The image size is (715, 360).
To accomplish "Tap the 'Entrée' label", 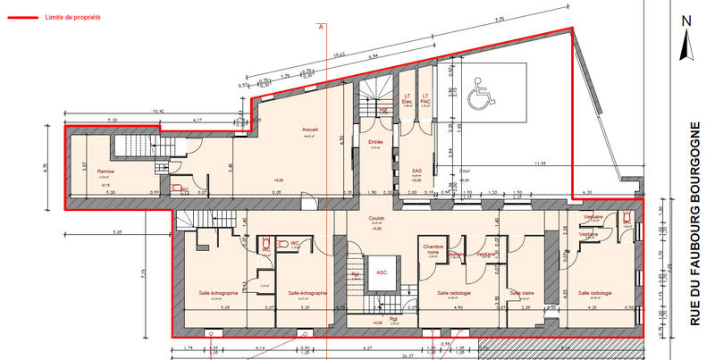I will pyautogui.click(x=376, y=142).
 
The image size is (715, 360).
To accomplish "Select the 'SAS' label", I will pyautogui.click(x=416, y=171).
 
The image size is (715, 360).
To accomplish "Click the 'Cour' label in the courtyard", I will pyautogui.click(x=464, y=171).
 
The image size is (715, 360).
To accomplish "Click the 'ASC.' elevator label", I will pyautogui.click(x=381, y=272).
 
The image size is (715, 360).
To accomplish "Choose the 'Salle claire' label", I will pyautogui.click(x=521, y=293).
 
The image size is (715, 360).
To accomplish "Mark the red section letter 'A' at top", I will pyautogui.click(x=319, y=27).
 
